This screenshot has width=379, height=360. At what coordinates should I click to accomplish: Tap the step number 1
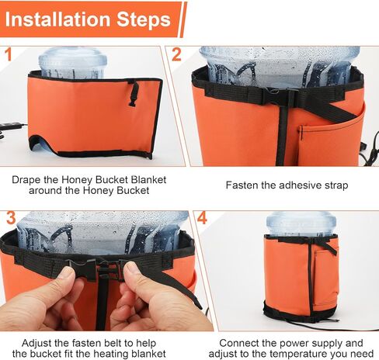(x=8, y=55)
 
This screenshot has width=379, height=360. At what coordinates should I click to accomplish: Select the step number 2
(x=176, y=55)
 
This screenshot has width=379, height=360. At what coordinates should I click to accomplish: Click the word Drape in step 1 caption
(x=26, y=180)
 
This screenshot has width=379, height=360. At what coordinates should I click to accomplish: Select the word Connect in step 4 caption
(x=239, y=342)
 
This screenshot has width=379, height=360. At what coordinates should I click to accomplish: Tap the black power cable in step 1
(x=12, y=128)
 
